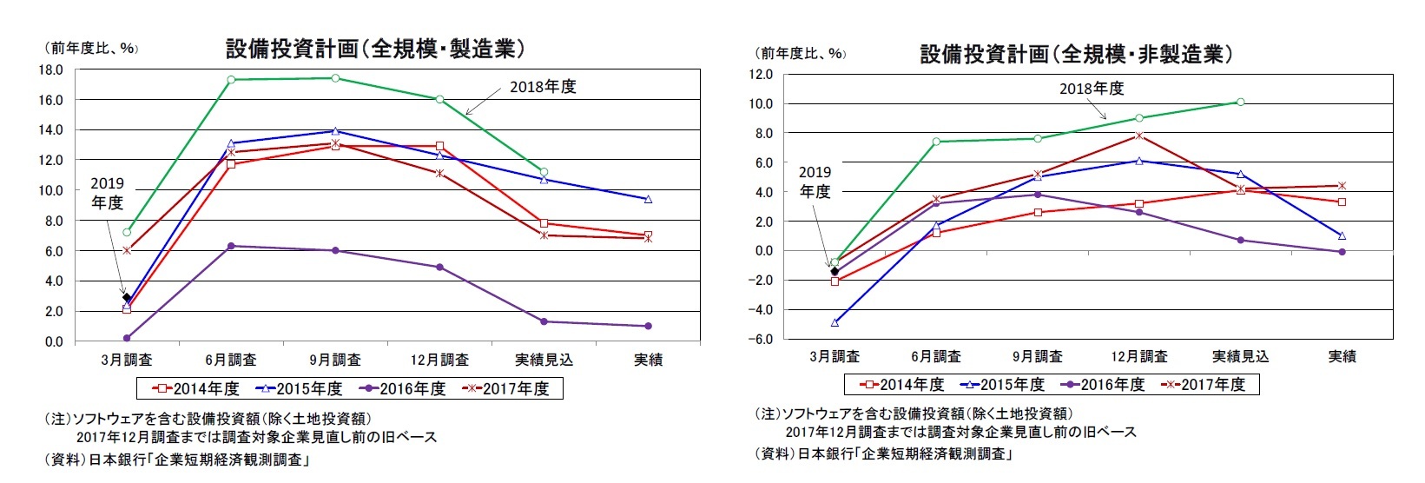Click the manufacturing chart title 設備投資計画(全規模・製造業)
coord(375,49)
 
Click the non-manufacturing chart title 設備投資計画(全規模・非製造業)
coord(1076,54)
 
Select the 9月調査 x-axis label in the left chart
coord(335,360)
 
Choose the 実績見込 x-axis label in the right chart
coord(1240,356)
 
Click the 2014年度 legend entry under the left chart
coord(196,388)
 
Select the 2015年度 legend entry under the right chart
coord(1002,384)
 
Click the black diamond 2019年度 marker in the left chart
coord(127,297)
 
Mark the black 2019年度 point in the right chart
coord(835,271)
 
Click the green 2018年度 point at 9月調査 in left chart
coord(335,78)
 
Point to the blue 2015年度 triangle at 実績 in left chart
coord(648,199)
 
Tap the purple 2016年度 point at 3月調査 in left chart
coord(127,338)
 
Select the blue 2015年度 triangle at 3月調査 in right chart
coord(835,322)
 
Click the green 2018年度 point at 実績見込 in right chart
coord(1240,102)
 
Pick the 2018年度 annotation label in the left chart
coord(543,87)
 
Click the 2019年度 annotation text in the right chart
coord(815,182)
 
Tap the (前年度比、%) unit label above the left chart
coord(90,49)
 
